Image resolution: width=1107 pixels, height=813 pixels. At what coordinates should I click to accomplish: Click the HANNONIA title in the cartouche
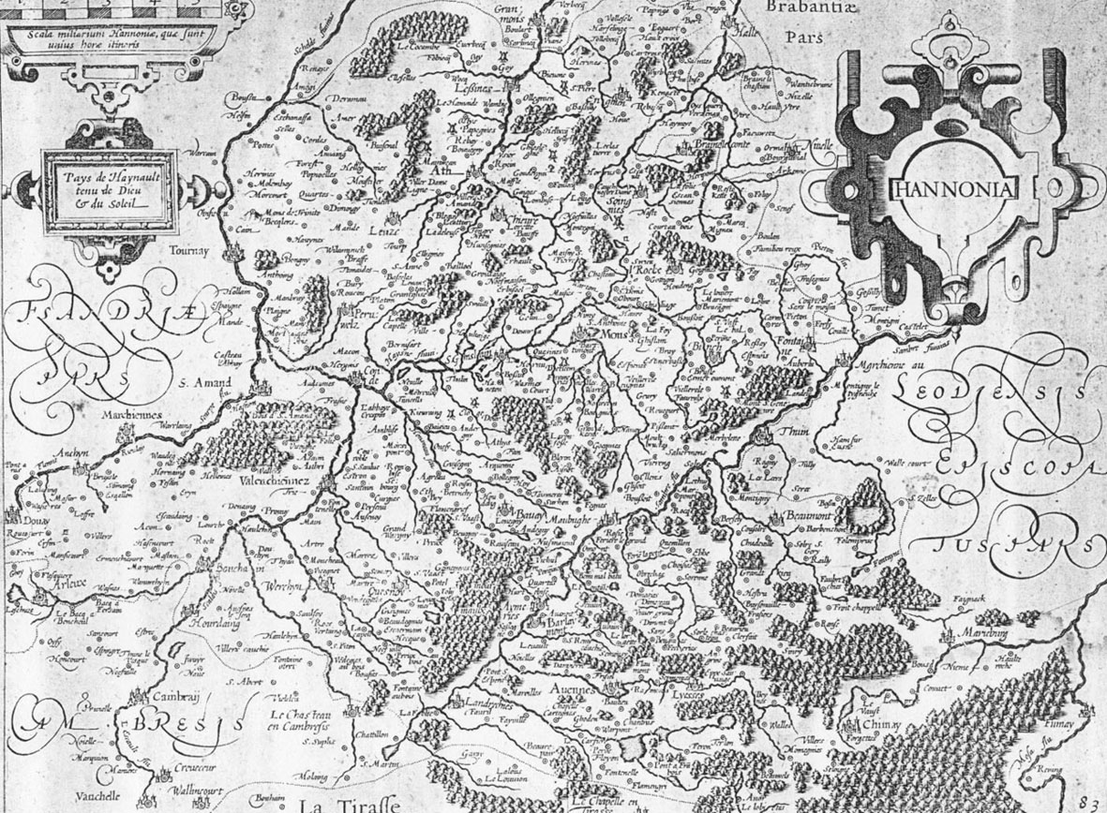coord(950,188)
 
